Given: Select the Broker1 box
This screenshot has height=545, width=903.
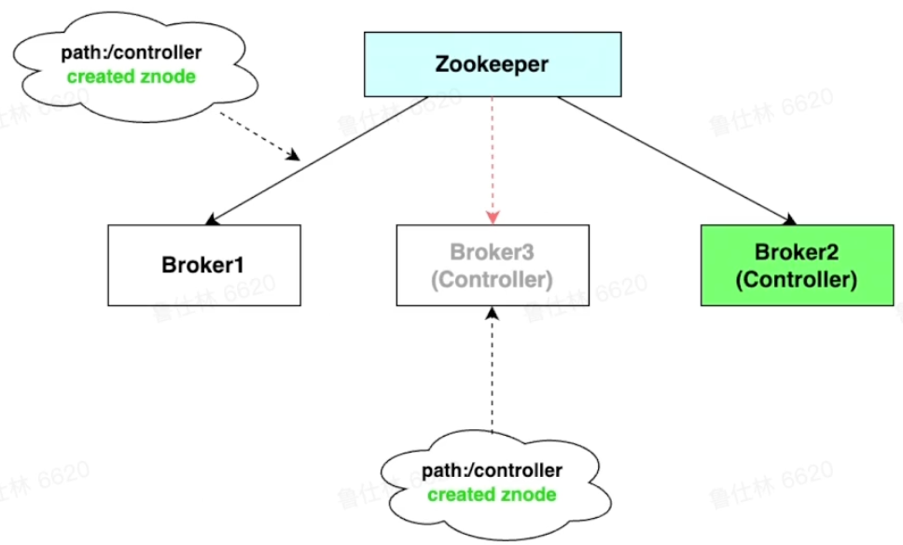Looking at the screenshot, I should (x=204, y=264).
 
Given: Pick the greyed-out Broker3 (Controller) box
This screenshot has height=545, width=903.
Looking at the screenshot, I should (x=492, y=264).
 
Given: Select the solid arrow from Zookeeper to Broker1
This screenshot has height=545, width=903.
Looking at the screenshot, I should (x=317, y=159).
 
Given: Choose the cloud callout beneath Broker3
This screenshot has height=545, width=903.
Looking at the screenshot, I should (x=492, y=482).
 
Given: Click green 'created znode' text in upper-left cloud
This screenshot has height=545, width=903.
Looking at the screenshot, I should (x=131, y=77).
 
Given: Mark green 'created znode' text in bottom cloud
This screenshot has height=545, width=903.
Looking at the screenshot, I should (x=492, y=494).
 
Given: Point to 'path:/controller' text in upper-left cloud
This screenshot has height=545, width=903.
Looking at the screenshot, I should (x=131, y=53).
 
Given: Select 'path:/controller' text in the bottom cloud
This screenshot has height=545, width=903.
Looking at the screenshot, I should (x=492, y=470).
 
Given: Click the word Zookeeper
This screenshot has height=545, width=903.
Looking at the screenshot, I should (x=492, y=65).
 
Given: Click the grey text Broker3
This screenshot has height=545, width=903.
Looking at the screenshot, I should (x=492, y=251).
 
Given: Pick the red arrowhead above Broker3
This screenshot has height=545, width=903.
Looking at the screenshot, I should (x=493, y=217).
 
